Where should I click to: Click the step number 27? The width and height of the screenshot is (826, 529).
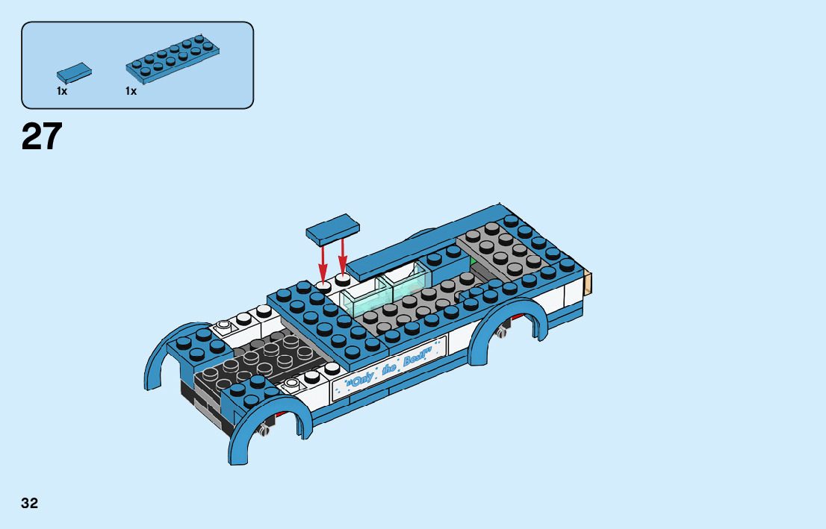coord(42,137)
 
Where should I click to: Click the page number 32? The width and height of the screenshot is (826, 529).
coord(30,503)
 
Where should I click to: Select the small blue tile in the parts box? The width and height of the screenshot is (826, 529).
coord(74,73)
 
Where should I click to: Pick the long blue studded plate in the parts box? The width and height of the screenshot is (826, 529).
coord(174,57)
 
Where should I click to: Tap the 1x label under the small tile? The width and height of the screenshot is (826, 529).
coord(62,91)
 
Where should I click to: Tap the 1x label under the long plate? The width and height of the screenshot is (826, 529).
coord(131,91)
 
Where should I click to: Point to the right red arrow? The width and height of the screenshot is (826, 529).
coord(343,256)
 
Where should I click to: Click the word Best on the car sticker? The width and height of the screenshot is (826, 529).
coord(413,359)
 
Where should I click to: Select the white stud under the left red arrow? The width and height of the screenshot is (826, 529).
coord(323,286)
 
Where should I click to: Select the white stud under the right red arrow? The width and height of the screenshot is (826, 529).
coord(343,280)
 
